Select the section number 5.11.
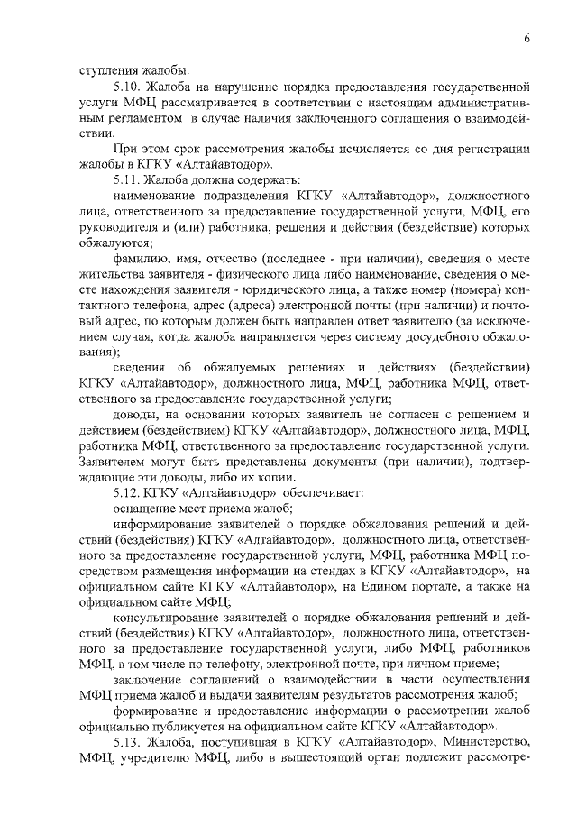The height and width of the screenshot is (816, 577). pyautogui.click(x=129, y=179)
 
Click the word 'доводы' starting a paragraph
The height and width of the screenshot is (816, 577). pyautogui.click(x=136, y=414)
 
